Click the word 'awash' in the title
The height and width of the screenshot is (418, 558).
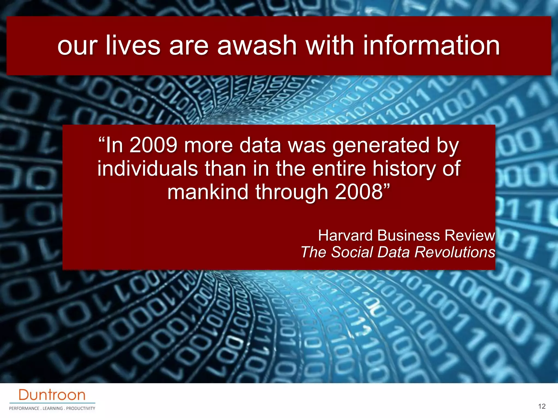coord(257,45)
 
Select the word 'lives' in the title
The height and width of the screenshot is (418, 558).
coord(133,45)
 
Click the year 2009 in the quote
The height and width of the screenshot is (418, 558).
coord(153,145)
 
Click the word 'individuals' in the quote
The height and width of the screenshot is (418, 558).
coord(147,169)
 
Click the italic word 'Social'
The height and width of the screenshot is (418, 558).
coord(352,252)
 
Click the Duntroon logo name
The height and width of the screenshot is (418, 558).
coord(52,395)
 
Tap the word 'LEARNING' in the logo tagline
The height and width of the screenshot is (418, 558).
coord(53,408)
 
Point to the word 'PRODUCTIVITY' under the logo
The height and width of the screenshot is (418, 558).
coord(81,408)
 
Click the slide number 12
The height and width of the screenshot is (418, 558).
coord(542,406)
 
